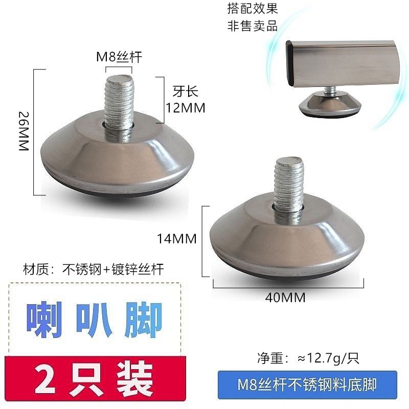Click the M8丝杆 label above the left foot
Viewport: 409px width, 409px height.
tap(120, 57)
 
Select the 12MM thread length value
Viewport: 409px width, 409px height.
tap(186, 108)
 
